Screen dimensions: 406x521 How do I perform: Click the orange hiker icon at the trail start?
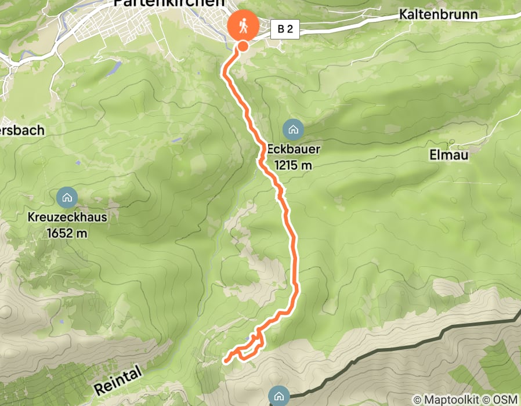243,26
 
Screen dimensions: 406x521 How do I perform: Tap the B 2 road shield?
285,29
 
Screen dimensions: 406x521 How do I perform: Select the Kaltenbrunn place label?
437,14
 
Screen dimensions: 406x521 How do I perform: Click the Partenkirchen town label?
168,3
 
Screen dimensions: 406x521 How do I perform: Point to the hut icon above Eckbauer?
292,129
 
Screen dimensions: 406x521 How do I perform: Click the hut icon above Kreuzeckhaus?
67,198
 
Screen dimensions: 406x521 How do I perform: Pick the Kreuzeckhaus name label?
66,218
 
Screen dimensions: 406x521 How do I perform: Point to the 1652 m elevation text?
66,234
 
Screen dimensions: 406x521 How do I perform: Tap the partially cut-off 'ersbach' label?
22,130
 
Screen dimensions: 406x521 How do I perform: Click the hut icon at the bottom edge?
279,397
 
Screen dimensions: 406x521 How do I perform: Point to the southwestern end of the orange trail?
226,361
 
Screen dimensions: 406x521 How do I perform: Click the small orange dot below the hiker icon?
243,46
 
